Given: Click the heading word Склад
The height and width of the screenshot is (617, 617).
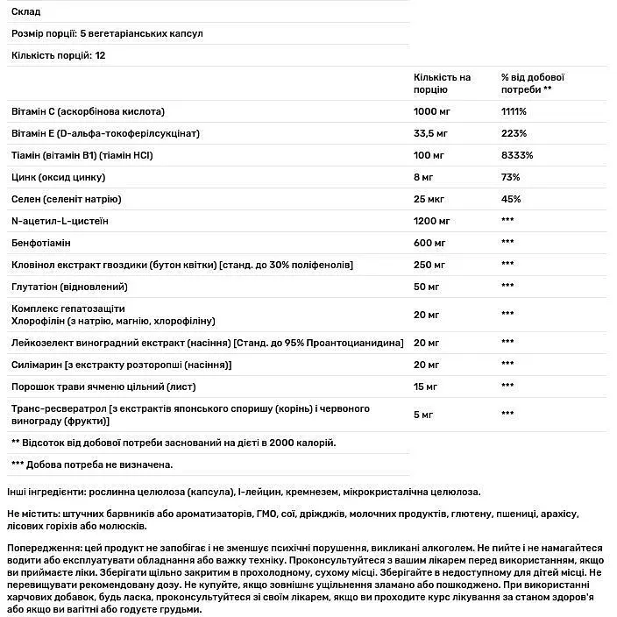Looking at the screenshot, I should tap(26, 11).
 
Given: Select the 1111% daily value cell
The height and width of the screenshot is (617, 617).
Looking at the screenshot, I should tap(514, 112).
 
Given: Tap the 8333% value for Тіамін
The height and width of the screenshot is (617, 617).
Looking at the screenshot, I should tap(516, 155).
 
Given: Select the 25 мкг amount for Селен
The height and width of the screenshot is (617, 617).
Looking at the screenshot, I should tap(431, 199).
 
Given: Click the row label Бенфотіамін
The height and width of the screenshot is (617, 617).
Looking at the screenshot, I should tap(43, 241).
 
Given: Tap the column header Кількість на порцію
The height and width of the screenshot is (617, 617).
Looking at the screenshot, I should tap(442, 83).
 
